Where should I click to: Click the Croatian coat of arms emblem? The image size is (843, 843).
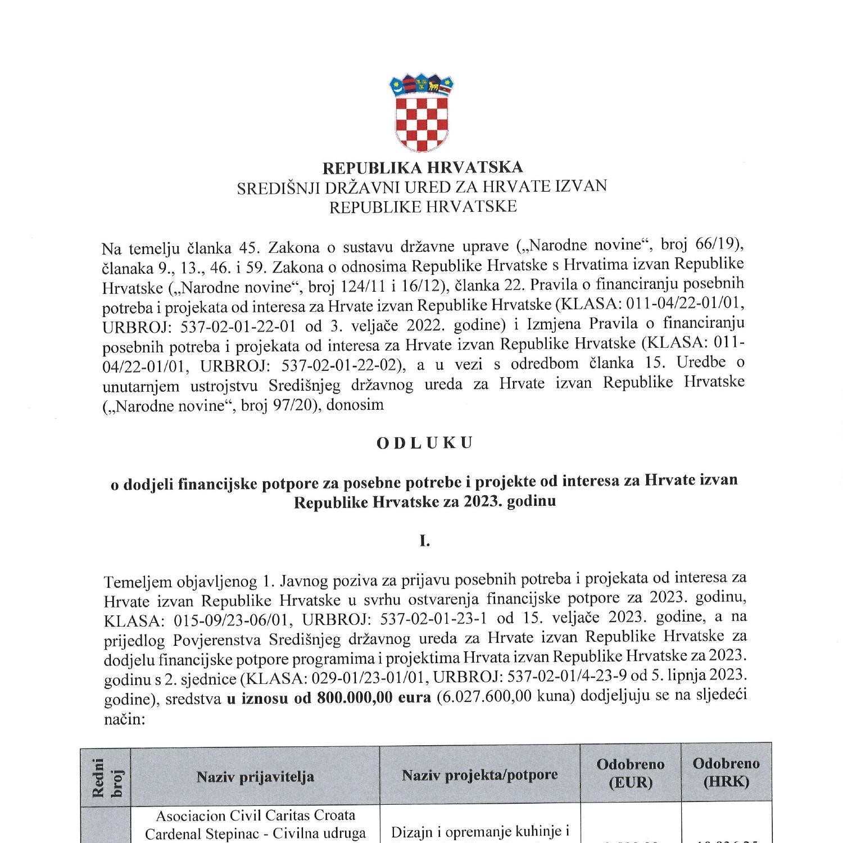click(422, 112)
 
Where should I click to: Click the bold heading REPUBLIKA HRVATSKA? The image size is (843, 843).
click(422, 167)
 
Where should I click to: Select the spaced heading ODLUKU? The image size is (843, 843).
click(424, 443)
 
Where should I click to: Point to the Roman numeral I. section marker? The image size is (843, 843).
click(424, 541)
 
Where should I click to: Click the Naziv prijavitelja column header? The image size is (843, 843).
click(255, 777)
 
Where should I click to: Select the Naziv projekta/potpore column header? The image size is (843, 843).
click(479, 776)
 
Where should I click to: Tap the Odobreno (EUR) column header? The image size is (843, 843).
click(630, 773)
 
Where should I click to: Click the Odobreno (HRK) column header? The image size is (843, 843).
click(726, 772)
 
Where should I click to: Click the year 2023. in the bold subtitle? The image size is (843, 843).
click(482, 501)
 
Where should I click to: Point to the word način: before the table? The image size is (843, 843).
click(125, 719)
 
